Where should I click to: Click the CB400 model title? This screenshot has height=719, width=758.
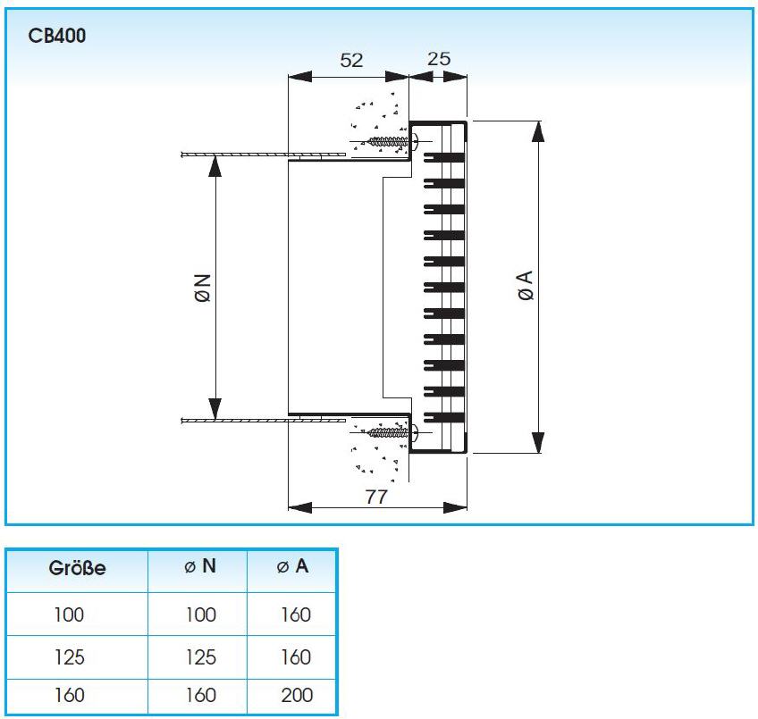tap(57, 36)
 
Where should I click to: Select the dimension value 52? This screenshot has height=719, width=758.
tap(351, 61)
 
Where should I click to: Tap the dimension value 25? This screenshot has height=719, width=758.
tap(439, 59)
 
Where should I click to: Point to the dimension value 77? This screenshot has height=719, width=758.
tap(376, 497)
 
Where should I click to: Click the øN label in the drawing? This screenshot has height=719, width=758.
tap(204, 288)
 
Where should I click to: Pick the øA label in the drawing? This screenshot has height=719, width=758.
tap(526, 286)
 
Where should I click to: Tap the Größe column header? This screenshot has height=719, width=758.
tap(77, 568)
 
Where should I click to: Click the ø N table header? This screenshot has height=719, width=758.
tap(200, 566)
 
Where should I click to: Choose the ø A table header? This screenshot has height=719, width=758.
tap(292, 566)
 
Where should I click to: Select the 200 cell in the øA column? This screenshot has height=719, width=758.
tap(297, 695)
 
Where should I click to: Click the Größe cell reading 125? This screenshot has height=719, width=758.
tap(70, 657)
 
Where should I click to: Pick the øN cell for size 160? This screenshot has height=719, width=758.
tap(200, 695)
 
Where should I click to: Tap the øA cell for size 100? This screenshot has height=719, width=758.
tap(296, 614)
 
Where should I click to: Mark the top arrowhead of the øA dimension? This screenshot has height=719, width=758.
tap(538, 131)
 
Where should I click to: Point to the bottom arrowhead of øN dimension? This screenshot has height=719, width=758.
tap(215, 409)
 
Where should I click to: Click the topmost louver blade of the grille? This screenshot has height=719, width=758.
tap(445, 157)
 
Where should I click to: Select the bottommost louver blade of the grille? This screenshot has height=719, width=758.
tap(445, 417)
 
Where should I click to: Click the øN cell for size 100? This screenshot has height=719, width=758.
tap(200, 614)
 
